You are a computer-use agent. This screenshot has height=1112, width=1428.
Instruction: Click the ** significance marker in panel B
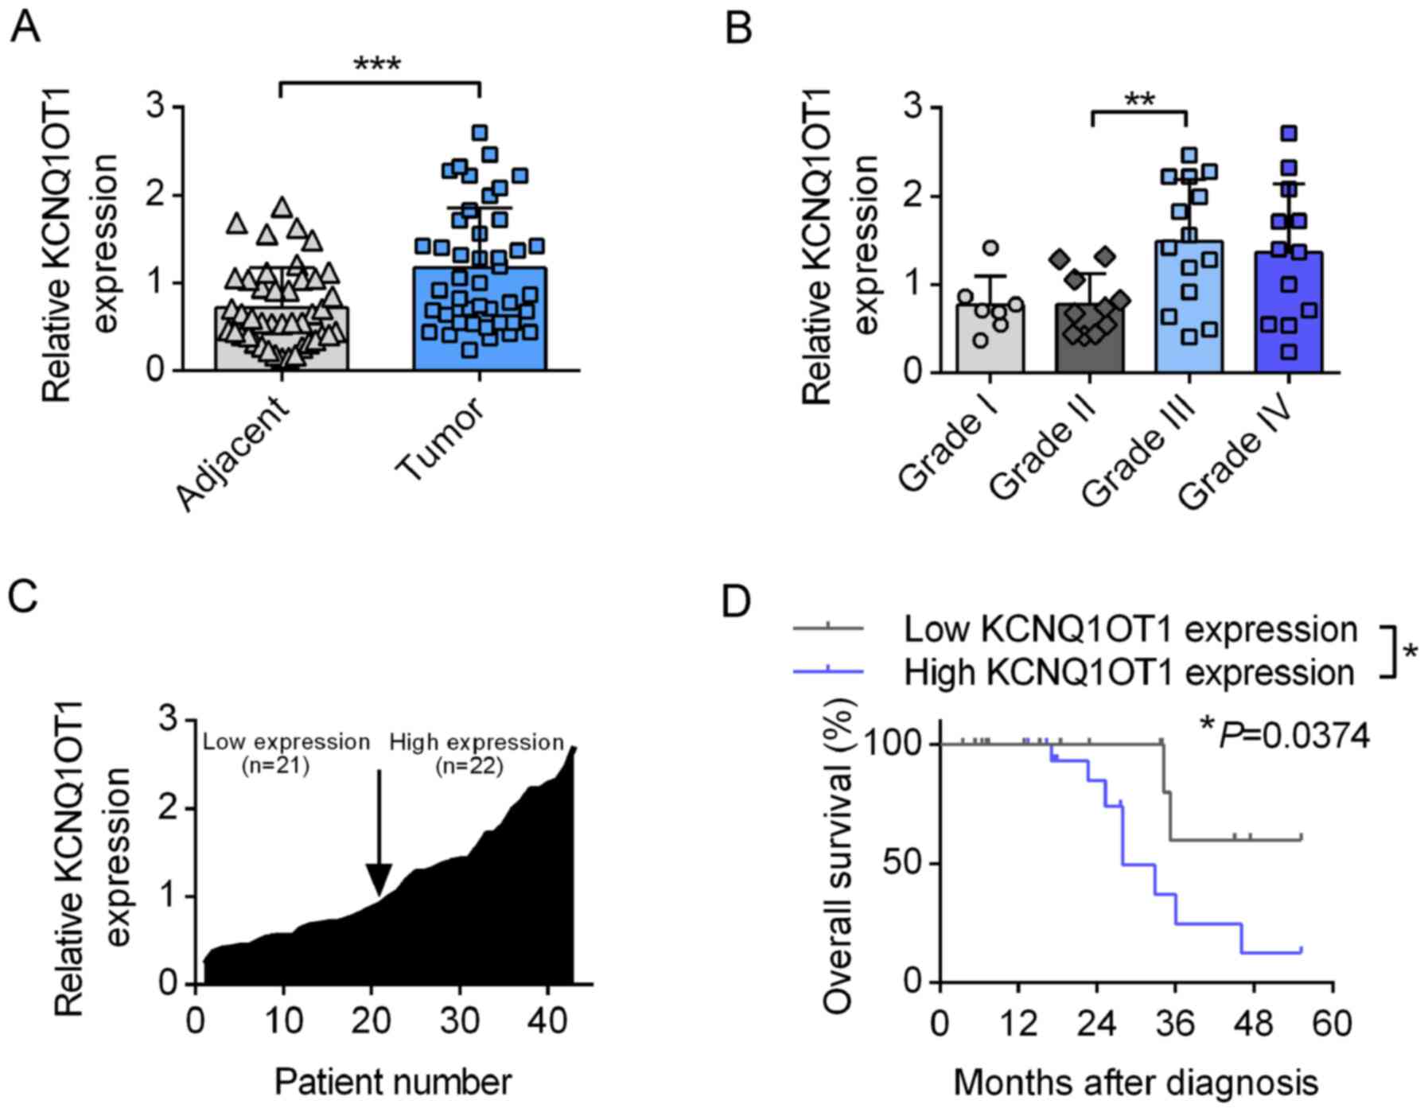click(x=1139, y=102)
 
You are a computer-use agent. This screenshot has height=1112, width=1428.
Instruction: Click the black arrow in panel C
click(x=379, y=843)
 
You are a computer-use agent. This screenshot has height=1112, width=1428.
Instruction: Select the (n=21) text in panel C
click(x=274, y=768)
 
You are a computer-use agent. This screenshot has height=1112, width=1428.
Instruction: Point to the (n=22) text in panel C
click(x=469, y=768)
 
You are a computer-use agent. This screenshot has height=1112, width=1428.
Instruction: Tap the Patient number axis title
click(x=393, y=1083)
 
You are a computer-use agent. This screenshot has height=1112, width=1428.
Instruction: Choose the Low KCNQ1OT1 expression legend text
click(x=1130, y=630)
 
